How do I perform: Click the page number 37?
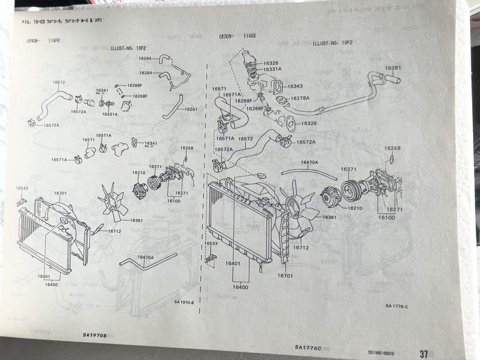(424, 354)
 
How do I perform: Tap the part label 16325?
(271, 64)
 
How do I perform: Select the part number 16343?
(295, 86)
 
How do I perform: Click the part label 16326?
(308, 123)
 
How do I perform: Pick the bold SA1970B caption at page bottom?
(94, 335)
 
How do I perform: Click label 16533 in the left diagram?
(22, 188)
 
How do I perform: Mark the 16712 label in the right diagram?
(300, 248)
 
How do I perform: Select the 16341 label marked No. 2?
(151, 144)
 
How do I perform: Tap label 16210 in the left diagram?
(138, 172)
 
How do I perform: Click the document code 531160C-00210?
(381, 353)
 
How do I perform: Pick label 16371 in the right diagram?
(348, 169)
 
